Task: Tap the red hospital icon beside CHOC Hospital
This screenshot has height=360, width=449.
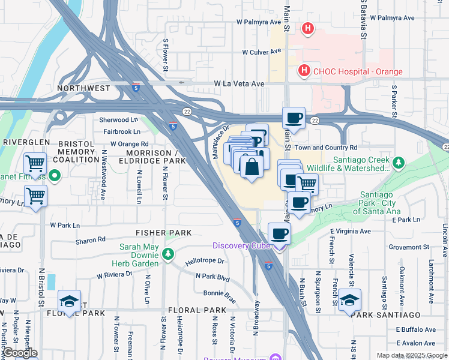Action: (304, 71)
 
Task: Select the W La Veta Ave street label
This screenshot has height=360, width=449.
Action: (240, 84)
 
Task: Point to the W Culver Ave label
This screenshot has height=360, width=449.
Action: (263, 53)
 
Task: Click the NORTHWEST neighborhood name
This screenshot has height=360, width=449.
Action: (83, 88)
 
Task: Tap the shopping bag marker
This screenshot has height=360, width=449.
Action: (251, 167)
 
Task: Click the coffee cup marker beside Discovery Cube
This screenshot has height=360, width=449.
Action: (279, 233)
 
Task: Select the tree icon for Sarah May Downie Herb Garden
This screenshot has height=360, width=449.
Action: (170, 254)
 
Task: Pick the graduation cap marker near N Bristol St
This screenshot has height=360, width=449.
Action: (69, 301)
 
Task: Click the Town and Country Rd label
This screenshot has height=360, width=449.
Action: (326, 148)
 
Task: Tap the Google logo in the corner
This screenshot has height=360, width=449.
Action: (19, 353)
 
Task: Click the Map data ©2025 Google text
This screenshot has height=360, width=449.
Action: (411, 355)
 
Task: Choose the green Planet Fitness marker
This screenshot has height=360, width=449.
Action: (54, 176)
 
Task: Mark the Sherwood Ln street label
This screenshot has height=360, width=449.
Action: (119, 120)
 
